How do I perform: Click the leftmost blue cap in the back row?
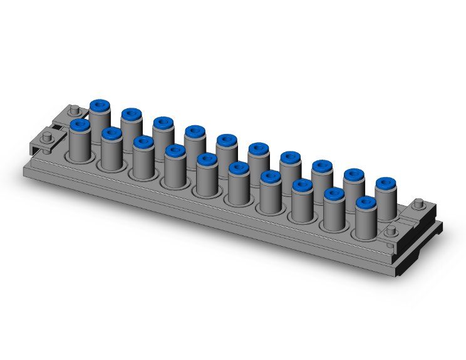tap(100, 105)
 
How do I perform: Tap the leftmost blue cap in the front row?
tap(80, 125)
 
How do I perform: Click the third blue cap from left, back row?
tap(163, 123)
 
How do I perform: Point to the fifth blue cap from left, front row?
tap(207, 160)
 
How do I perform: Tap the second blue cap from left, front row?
tap(111, 134)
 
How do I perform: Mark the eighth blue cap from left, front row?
tap(303, 187)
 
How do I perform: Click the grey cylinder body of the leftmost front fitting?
tap(80, 147)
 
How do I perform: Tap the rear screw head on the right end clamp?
tap(419, 203)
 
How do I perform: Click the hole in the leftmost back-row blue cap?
tap(100, 104)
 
